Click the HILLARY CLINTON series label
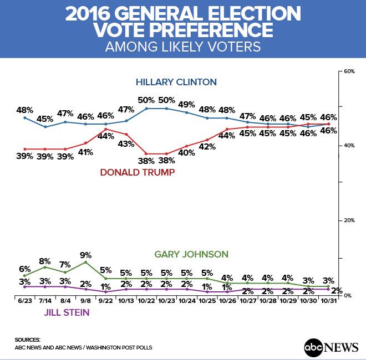point(176,83)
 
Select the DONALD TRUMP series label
point(138,173)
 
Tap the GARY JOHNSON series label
point(191,254)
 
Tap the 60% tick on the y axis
point(349,72)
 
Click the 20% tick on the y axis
point(349,220)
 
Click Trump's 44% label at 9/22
point(105,137)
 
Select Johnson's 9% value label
point(85,255)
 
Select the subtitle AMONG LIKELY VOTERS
point(183,47)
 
